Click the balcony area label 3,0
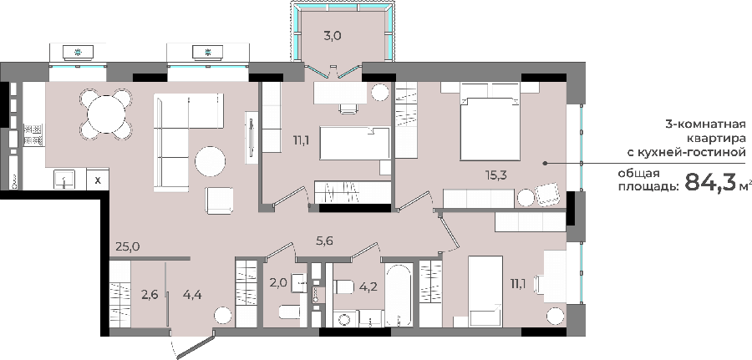point(332,36)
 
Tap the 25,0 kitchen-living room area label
point(127,247)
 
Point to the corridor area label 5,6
point(324,241)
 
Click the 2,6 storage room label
point(150,295)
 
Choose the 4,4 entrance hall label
point(192,295)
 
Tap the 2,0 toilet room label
point(278,283)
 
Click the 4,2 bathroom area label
point(368,286)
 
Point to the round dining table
point(106,115)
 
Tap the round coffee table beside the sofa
point(210,161)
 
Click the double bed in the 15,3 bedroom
point(490,128)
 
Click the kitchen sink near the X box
point(64,180)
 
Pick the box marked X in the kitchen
point(98,180)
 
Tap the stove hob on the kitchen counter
point(33,135)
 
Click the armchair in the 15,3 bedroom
point(547,195)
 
